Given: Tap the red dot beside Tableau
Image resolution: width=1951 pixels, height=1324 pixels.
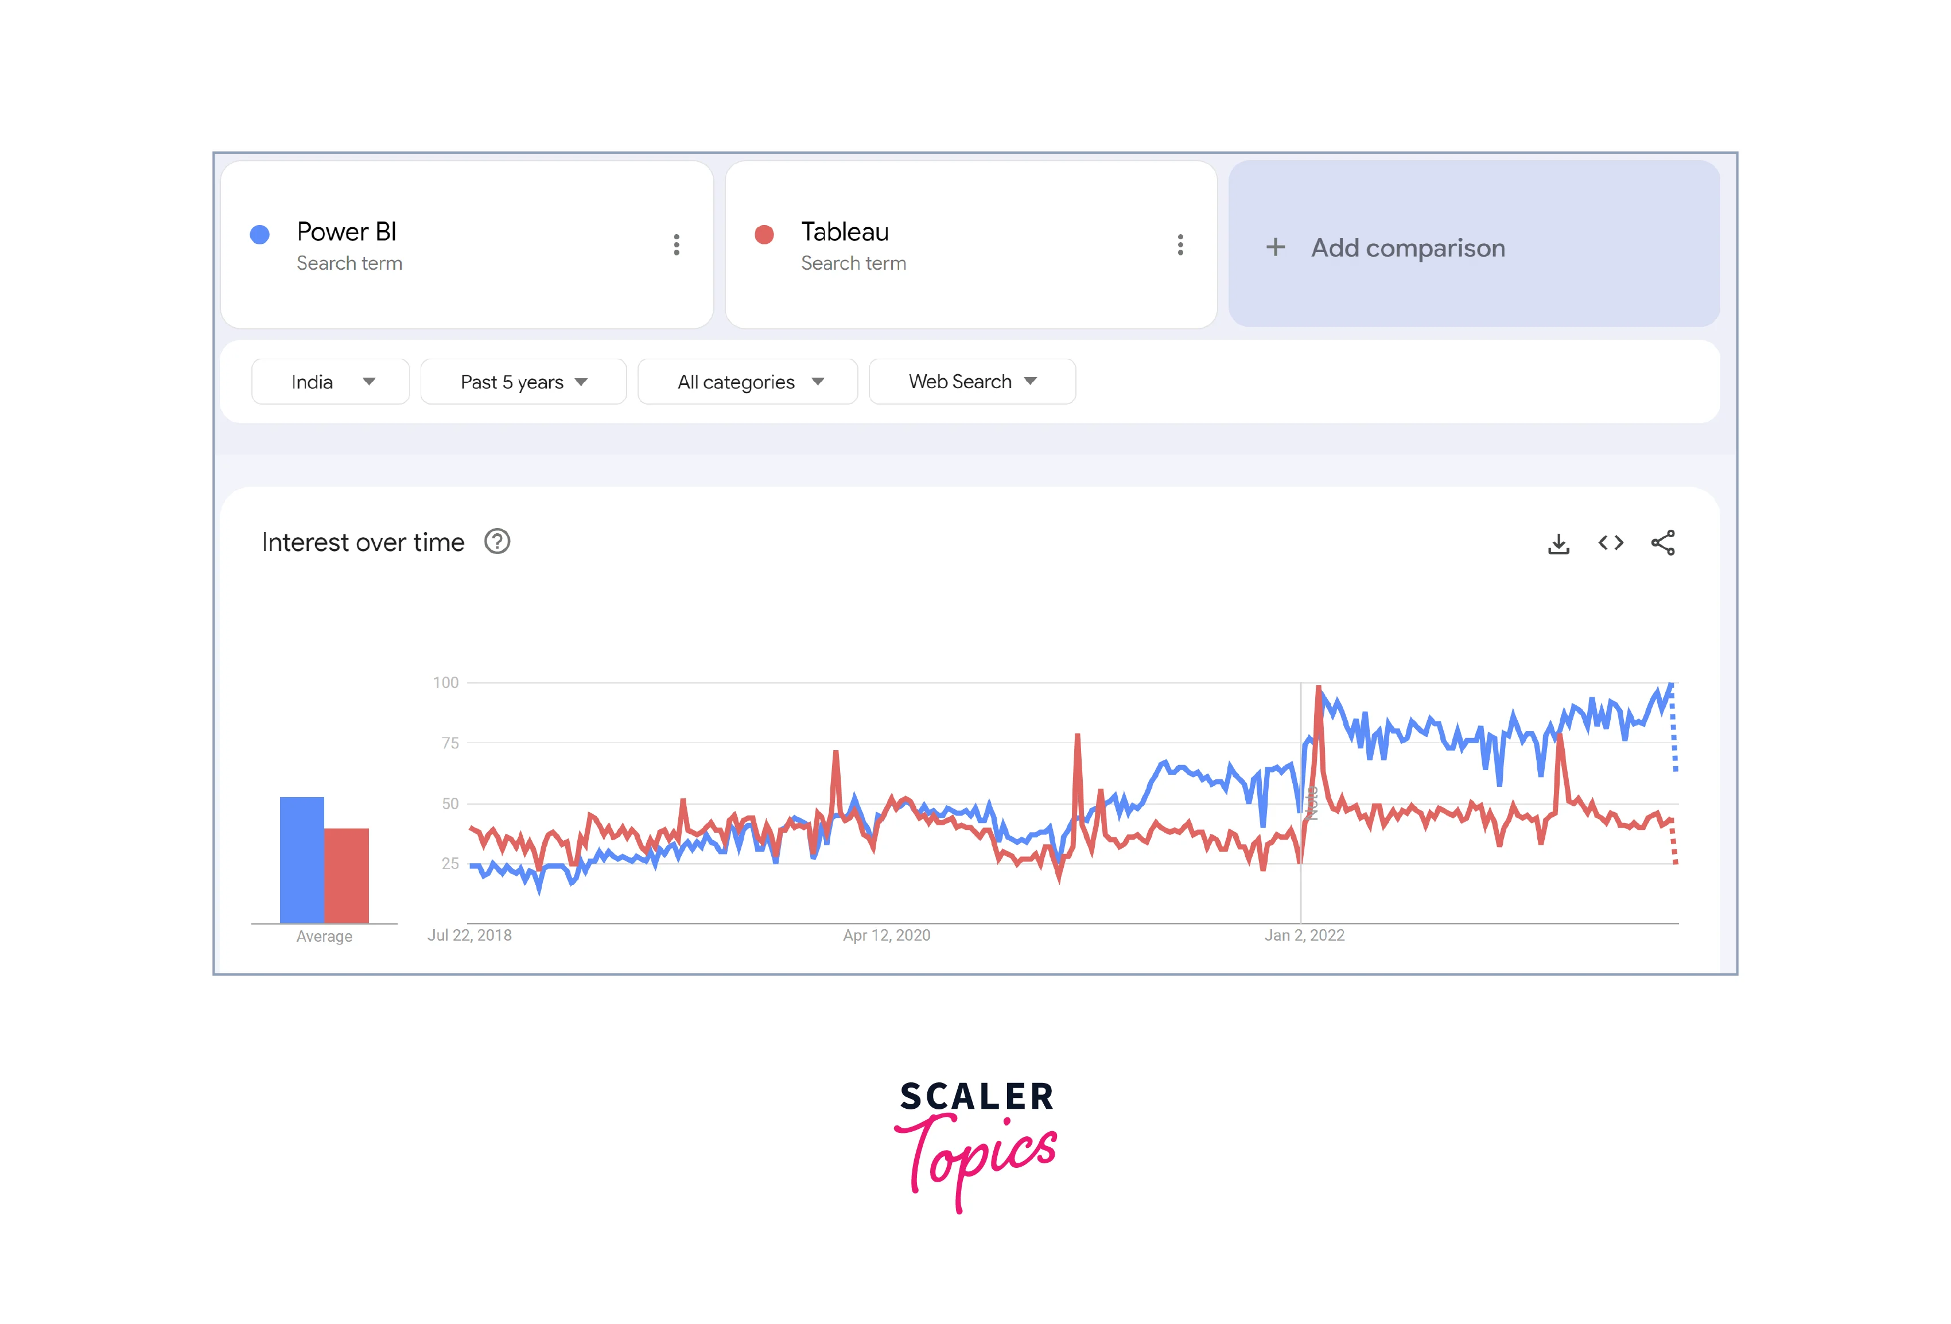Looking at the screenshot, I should [764, 234].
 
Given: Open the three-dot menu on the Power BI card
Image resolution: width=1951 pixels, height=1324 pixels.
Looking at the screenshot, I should [677, 244].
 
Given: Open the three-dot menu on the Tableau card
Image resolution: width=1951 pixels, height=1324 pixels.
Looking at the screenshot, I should [1180, 244].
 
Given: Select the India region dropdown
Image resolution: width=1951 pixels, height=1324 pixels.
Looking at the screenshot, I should [331, 382].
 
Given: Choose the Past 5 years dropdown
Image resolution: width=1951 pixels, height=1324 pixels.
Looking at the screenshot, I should [523, 382].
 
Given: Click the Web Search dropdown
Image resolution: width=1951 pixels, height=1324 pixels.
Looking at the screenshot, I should [972, 382].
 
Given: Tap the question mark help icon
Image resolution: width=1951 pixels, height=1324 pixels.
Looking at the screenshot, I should [497, 542].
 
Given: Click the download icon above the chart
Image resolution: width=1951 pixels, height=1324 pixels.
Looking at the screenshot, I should [1558, 544].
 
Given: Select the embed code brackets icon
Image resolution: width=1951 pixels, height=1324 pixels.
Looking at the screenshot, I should [1610, 543].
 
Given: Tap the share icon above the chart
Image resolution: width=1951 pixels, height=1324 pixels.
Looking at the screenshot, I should [1662, 543].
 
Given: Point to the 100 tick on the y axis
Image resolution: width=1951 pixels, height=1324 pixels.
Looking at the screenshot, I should [446, 682].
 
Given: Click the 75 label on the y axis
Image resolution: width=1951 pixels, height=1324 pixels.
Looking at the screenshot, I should [450, 743].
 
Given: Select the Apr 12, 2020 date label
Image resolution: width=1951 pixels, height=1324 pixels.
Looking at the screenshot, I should [887, 935].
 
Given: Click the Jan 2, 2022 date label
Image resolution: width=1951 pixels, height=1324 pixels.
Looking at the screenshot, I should [1304, 935].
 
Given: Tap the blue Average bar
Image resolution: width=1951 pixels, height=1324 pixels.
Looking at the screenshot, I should [301, 860].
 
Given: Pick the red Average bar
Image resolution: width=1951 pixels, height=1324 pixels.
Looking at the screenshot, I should [347, 876].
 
